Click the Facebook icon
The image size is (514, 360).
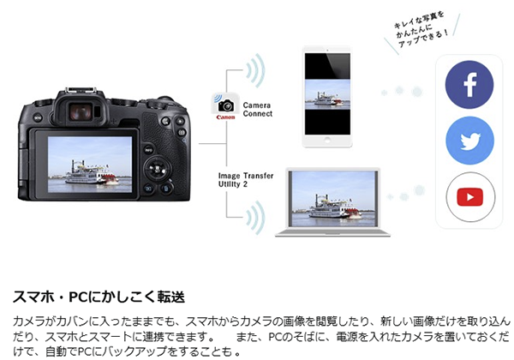click(469, 85)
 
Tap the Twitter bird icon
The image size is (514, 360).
click(469, 141)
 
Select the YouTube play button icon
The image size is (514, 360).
click(470, 197)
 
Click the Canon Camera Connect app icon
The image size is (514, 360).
click(225, 107)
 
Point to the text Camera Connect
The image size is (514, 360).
click(258, 110)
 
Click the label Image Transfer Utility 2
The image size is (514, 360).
click(246, 180)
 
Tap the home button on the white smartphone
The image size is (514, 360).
click(327, 140)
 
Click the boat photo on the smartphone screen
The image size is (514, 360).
click(327, 95)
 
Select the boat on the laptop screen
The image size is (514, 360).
click(334, 207)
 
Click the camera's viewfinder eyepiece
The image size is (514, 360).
click(81, 111)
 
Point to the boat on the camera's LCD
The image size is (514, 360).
click(90, 173)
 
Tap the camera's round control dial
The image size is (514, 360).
click(158, 169)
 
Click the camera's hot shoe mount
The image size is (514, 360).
click(81, 90)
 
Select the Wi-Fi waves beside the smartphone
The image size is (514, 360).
click(256, 70)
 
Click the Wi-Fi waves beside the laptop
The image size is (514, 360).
click(256, 218)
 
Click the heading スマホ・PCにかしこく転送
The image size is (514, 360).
click(99, 297)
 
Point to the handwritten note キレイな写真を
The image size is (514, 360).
click(419, 20)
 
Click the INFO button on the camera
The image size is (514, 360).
click(148, 150)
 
